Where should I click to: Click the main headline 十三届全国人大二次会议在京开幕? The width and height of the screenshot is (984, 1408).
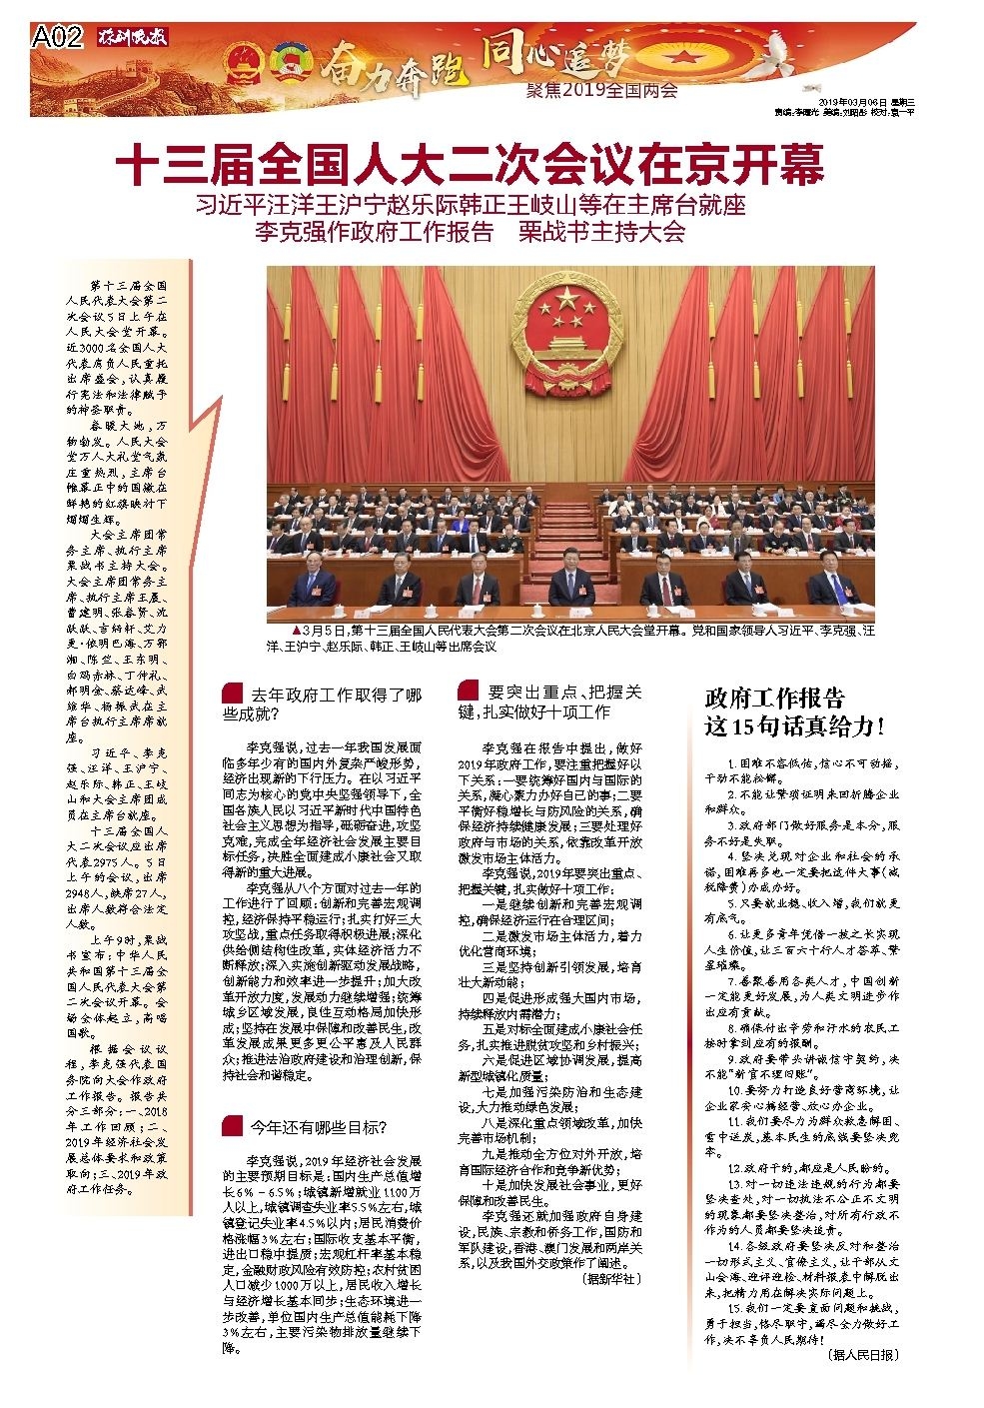pyautogui.click(x=470, y=165)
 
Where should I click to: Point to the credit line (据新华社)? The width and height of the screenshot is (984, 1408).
pyautogui.click(x=612, y=1278)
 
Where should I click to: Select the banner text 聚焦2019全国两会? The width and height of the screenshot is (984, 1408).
pyautogui.click(x=601, y=91)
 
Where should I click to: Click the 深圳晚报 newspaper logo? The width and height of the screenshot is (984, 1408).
pyautogui.click(x=134, y=38)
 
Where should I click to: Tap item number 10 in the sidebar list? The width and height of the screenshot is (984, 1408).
pyautogui.click(x=736, y=1088)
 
